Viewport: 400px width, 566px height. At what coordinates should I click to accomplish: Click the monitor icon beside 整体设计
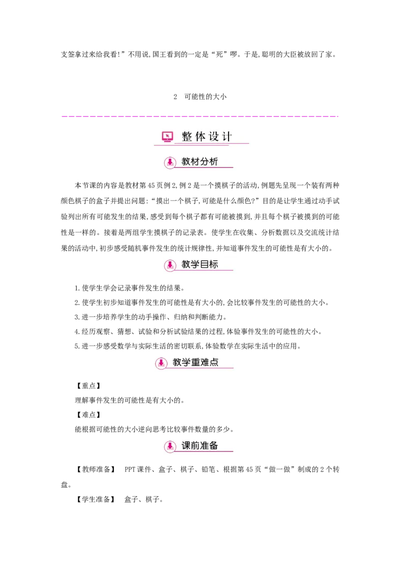click(x=167, y=136)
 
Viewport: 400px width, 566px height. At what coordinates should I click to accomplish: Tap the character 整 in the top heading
click(x=187, y=136)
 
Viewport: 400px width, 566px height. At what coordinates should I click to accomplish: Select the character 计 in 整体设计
click(x=227, y=136)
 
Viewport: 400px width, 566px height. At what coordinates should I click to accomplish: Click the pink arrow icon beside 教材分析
click(x=170, y=162)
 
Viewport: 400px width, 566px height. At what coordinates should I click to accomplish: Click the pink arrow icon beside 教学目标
click(x=170, y=265)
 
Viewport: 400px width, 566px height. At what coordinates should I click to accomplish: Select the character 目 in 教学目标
click(x=204, y=264)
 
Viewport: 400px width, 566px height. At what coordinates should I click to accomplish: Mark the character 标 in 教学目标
click(x=213, y=264)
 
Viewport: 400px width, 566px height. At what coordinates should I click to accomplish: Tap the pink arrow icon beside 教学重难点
click(x=161, y=362)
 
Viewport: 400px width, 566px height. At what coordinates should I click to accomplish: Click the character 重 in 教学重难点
click(x=195, y=362)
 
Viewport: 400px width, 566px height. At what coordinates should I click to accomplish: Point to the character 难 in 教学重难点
click(x=204, y=362)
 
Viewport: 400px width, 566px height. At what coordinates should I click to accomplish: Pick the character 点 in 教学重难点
click(x=214, y=362)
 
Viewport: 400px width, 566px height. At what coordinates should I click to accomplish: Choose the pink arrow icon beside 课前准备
click(x=170, y=446)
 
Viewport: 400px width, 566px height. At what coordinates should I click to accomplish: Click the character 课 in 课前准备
click(x=186, y=445)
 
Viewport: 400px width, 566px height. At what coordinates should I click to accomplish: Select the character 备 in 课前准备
click(x=213, y=445)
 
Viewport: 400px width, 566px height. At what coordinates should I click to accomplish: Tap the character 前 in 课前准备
click(x=195, y=445)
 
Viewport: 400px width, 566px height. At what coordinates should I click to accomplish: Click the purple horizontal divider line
click(x=200, y=118)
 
